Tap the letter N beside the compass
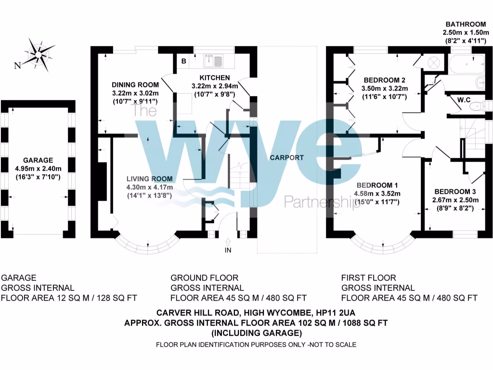click(17, 66)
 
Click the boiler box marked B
click(184, 61)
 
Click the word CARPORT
click(287, 158)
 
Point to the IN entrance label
click(228, 250)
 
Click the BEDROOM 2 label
click(384, 80)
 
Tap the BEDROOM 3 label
click(455, 191)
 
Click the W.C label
click(464, 100)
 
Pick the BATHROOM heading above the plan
click(466, 24)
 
